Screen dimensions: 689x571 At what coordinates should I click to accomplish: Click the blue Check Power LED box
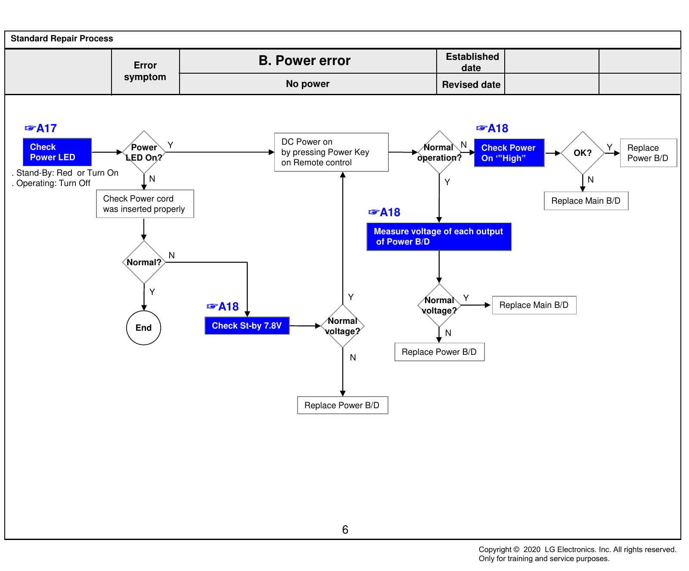57,152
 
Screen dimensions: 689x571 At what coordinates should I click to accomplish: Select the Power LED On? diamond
144,152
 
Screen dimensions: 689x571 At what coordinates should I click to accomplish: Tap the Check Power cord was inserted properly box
145,204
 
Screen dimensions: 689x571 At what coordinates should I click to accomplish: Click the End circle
144,328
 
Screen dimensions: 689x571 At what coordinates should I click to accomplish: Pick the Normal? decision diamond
144,262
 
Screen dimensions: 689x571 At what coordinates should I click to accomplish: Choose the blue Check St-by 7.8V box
247,326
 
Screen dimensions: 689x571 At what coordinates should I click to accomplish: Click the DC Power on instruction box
332,152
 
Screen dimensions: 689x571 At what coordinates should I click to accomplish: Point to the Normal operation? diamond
439,152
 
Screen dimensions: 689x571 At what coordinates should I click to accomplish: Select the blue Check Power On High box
509,153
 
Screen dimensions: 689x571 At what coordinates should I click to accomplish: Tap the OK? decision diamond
583,153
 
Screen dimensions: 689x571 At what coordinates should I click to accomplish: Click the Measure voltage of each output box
439,236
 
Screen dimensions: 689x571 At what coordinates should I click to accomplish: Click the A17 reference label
41,128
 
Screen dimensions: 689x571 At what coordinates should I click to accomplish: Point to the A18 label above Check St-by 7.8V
223,307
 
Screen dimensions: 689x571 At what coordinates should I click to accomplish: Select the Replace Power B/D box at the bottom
343,405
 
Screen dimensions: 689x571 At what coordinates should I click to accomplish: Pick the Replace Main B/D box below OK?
586,201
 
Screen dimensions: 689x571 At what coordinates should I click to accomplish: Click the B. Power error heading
304,61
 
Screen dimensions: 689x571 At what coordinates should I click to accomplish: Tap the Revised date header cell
471,84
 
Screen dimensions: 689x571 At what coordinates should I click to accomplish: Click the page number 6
345,530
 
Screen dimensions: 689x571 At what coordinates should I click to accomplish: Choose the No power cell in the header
308,84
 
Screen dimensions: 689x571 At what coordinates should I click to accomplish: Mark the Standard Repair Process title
62,38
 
